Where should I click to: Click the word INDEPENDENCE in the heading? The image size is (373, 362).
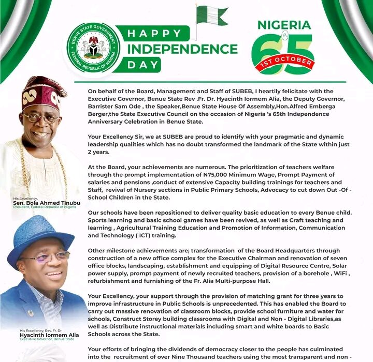point(182,50)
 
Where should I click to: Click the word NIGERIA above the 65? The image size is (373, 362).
point(284,25)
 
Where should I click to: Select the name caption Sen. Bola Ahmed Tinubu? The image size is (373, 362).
point(47,203)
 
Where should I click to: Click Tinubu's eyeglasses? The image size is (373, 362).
point(43,117)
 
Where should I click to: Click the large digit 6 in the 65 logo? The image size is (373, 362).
point(267,53)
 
